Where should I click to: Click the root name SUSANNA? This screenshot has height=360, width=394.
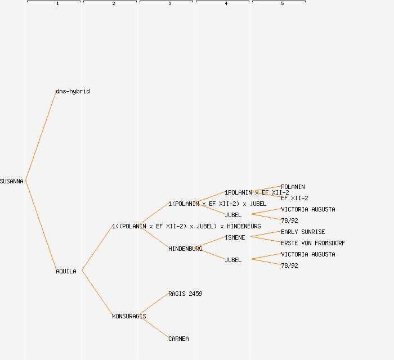pyautogui.click(x=12, y=181)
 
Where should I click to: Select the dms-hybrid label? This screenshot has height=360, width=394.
pyautogui.click(x=73, y=91)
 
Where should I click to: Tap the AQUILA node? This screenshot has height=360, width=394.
pyautogui.click(x=66, y=271)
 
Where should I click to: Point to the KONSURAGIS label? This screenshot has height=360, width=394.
pyautogui.click(x=129, y=316)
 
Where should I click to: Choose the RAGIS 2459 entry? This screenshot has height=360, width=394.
pyautogui.click(x=185, y=294)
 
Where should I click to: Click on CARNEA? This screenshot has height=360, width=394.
pyautogui.click(x=178, y=339)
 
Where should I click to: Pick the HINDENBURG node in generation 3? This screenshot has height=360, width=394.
pyautogui.click(x=185, y=249)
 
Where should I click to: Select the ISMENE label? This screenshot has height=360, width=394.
pyautogui.click(x=235, y=237)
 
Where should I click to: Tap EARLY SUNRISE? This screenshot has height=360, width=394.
pyautogui.click(x=303, y=232)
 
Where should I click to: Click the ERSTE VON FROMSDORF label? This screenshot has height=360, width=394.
pyautogui.click(x=313, y=243)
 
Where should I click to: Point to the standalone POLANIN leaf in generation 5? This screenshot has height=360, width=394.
pyautogui.click(x=293, y=187)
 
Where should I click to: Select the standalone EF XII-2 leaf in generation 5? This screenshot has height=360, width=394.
pyautogui.click(x=294, y=198)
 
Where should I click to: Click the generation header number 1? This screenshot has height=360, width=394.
pyautogui.click(x=57, y=4)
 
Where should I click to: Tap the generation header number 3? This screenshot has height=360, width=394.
pyautogui.click(x=169, y=4)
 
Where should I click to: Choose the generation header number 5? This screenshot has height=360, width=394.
pyautogui.click(x=282, y=4)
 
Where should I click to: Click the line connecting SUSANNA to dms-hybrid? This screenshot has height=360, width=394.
pyautogui.click(x=41, y=136)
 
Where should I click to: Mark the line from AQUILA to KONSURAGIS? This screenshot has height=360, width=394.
pyautogui.click(x=97, y=293)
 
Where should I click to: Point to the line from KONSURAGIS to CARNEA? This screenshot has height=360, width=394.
pyautogui.click(x=153, y=327)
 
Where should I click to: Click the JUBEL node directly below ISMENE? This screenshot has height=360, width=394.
pyautogui.click(x=233, y=260)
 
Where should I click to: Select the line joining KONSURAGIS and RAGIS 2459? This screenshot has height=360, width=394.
pyautogui.click(x=153, y=304)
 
